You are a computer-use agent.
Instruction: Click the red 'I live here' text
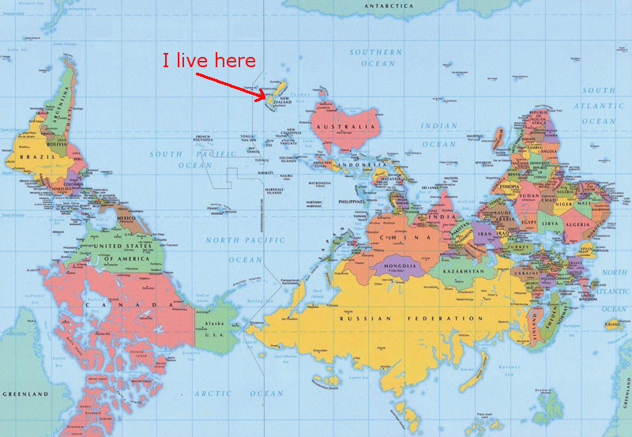[x=209, y=61]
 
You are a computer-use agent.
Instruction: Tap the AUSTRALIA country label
[x=344, y=127]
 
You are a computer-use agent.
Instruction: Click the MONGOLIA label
[x=400, y=266]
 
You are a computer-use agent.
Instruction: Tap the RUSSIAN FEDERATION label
[x=411, y=318]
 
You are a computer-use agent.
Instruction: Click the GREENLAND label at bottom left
[x=24, y=394]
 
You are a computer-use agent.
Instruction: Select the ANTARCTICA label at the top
[x=388, y=6]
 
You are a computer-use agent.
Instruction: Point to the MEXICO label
[x=126, y=218]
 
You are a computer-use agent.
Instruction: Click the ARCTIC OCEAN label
[x=243, y=394]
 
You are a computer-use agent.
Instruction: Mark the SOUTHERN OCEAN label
[x=378, y=57]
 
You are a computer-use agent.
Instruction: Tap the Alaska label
[x=216, y=324]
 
